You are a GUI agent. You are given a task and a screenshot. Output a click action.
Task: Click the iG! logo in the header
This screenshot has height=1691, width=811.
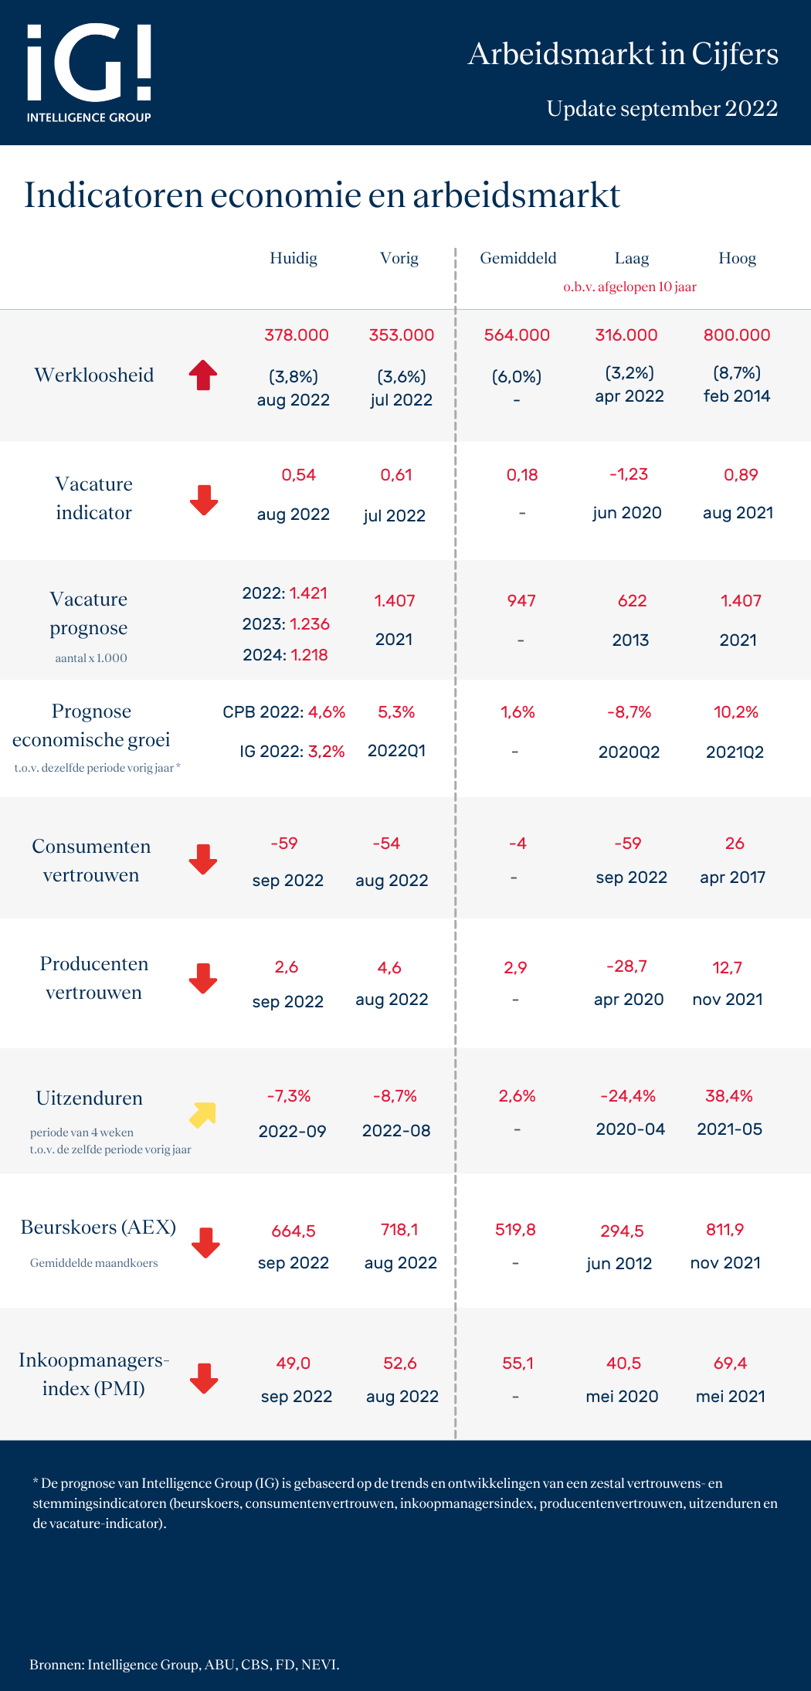coord(89,72)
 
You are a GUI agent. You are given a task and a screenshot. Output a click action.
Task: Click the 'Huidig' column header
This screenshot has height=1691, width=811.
coord(294,258)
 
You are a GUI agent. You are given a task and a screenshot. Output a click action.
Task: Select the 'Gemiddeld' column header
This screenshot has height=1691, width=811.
coord(517,258)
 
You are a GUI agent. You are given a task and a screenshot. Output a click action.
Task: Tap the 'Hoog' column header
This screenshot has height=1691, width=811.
coord(737,258)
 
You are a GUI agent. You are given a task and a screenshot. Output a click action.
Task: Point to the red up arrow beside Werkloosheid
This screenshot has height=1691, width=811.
coord(203,375)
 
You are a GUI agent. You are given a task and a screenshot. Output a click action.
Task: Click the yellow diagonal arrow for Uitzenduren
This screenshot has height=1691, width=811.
coord(202,1115)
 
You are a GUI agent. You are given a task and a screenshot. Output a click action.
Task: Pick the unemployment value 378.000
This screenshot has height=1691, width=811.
coord(297,335)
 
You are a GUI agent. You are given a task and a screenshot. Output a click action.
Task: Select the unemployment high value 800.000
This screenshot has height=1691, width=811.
coord(737,335)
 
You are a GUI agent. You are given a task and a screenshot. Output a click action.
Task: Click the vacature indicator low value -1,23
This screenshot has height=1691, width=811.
coord(629,474)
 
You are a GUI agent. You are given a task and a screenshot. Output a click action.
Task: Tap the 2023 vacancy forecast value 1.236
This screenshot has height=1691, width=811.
coord(310,624)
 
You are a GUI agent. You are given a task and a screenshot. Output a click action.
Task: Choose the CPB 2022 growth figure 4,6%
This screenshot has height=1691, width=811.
coord(327,712)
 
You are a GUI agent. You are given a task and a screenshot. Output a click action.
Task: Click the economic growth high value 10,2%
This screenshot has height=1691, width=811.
coord(736,712)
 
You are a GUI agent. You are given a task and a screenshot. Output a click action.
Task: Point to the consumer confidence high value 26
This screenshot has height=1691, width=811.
coord(735,844)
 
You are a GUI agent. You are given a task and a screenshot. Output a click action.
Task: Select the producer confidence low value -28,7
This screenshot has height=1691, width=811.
coord(626,966)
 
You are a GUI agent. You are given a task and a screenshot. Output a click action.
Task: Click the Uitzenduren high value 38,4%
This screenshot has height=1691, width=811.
coord(729,1096)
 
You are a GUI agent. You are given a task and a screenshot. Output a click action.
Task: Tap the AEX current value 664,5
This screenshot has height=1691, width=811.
coord(294,1231)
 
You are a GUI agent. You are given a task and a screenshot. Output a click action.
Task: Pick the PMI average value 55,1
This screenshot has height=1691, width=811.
coord(517,1363)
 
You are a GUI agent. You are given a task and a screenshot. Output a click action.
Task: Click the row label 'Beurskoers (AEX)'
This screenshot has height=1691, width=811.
coord(98,1228)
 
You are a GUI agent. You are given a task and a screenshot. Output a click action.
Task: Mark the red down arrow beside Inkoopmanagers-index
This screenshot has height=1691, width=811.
coord(204,1378)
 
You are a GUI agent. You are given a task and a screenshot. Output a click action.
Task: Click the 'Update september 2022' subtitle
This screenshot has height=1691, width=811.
coord(662,109)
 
